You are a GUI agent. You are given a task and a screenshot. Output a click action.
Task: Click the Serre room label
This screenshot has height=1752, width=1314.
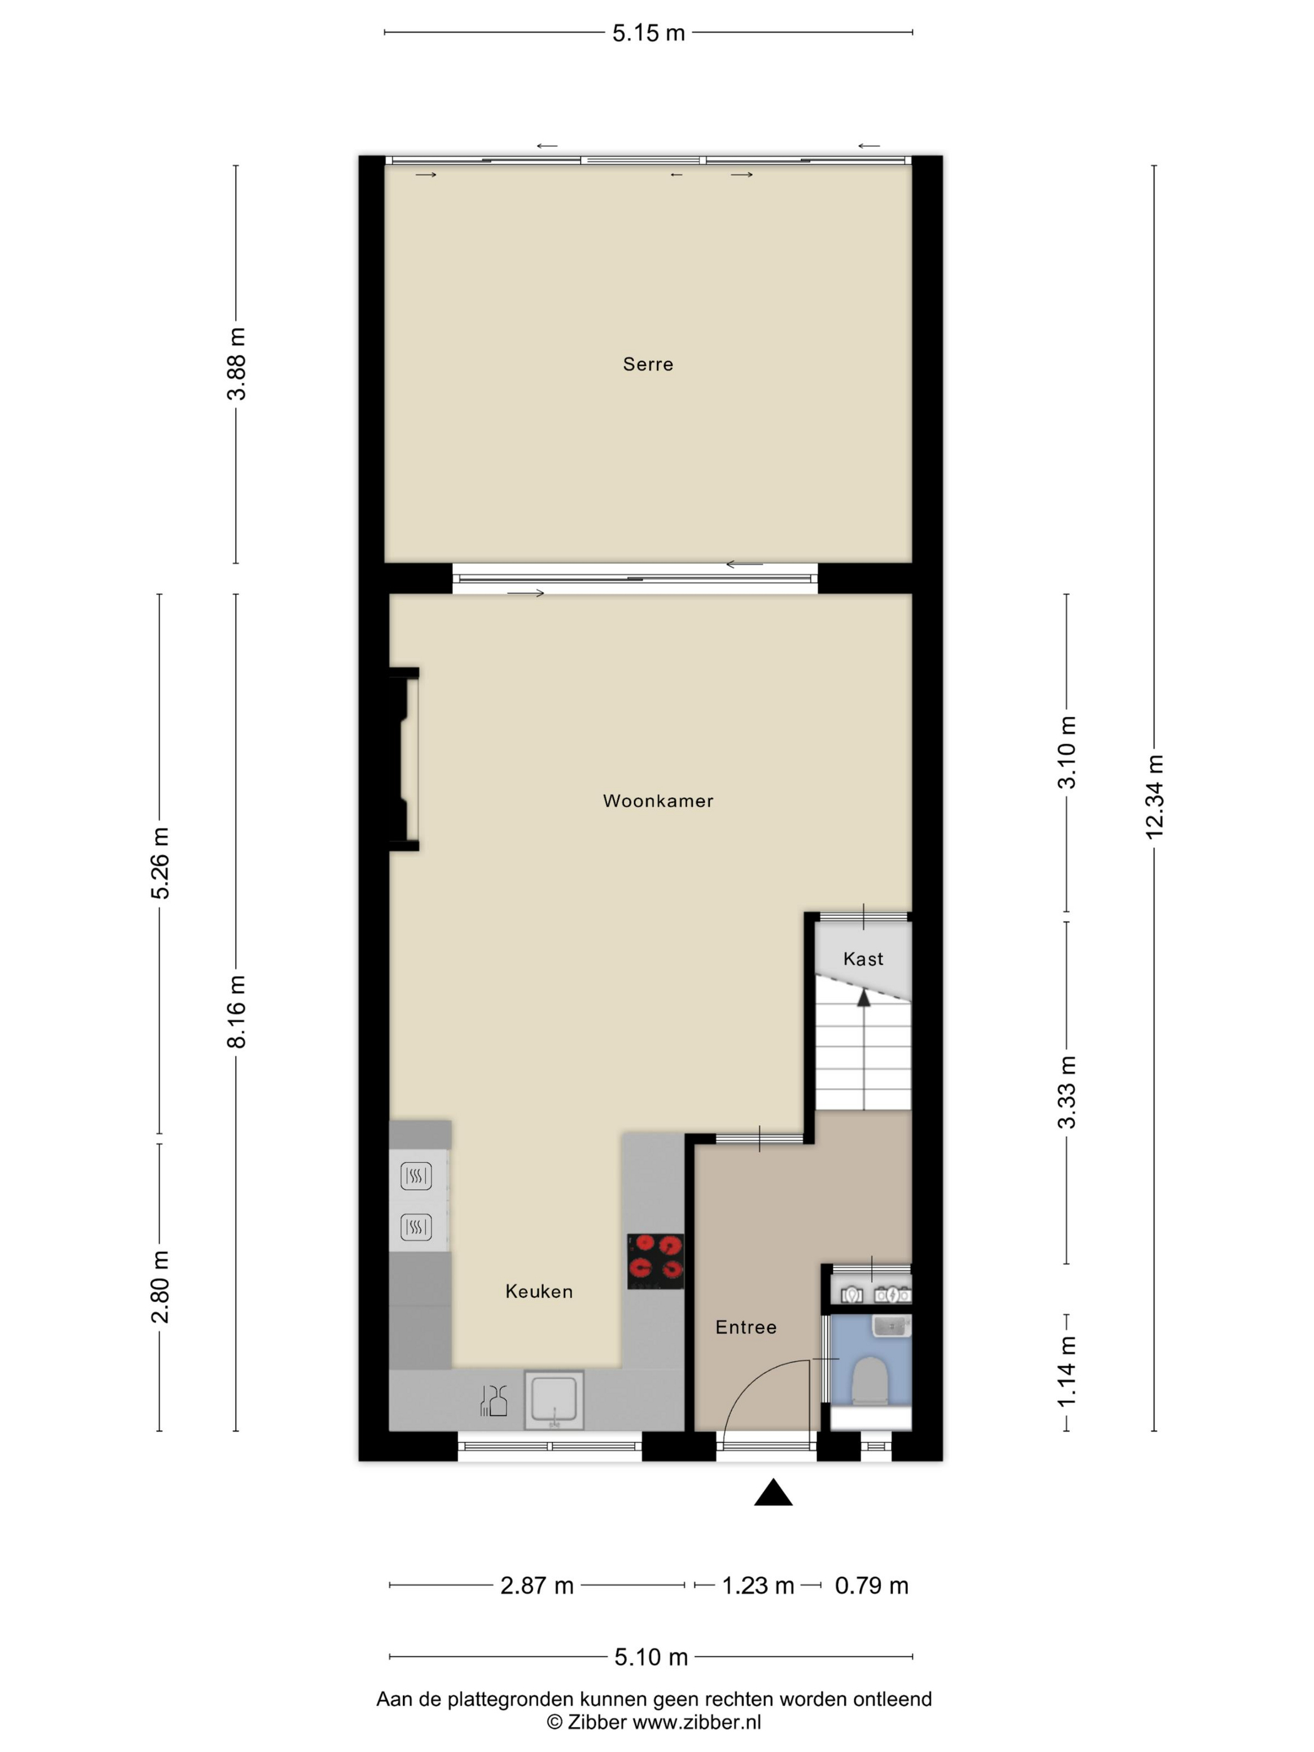(x=647, y=364)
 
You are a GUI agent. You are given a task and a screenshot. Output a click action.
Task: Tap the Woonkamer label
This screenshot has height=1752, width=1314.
(x=658, y=801)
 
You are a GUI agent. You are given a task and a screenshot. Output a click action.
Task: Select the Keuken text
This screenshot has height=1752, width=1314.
(x=539, y=1291)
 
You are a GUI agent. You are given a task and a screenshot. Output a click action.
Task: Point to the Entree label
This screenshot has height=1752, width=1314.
(x=745, y=1327)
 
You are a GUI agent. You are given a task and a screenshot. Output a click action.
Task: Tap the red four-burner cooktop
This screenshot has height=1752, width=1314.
(x=655, y=1261)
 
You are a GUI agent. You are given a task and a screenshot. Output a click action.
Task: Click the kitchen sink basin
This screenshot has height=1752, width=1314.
(x=554, y=1400)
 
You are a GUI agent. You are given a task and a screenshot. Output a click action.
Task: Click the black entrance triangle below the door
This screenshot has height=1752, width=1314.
(x=773, y=1492)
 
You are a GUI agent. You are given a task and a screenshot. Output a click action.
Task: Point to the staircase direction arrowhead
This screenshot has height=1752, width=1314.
(x=863, y=998)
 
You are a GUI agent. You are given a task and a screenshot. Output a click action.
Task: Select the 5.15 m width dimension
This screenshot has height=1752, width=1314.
(x=648, y=33)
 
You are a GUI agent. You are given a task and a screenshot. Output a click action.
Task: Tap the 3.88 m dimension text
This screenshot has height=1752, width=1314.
(x=236, y=364)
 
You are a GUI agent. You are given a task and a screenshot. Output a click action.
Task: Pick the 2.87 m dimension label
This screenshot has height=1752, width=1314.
(x=536, y=1586)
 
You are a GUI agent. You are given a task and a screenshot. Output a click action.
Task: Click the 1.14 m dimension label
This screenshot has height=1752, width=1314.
(x=1067, y=1371)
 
